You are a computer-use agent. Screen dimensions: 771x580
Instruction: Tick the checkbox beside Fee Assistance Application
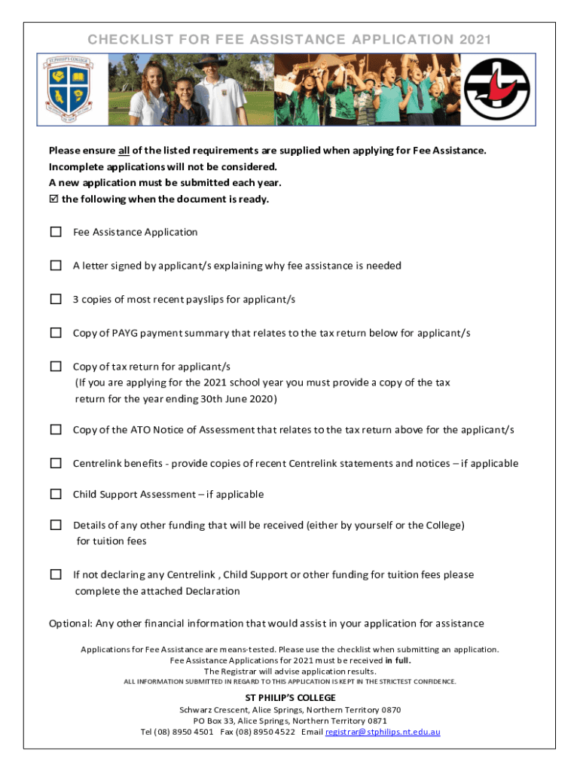point(56,232)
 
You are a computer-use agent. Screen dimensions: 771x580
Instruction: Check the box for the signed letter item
point(56,265)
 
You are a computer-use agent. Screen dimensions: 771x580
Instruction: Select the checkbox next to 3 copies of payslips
point(56,299)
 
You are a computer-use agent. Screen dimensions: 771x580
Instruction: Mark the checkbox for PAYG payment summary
point(56,333)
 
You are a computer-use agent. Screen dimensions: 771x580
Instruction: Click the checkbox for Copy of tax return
point(56,366)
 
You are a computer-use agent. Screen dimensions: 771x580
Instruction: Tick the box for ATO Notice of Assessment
point(56,429)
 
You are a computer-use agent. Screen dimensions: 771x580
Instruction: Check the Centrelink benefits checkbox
point(56,463)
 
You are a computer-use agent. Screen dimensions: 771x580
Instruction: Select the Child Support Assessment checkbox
point(56,494)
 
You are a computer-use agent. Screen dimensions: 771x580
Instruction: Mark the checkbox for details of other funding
point(56,525)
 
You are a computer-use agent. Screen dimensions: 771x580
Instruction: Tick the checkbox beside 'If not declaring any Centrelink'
point(56,574)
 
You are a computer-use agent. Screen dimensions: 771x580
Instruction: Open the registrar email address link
point(383,732)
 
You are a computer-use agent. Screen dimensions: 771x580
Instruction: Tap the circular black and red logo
point(496,89)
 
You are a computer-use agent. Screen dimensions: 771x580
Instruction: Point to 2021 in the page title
point(475,40)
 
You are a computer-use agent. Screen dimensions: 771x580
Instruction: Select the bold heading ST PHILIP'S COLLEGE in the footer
point(290,698)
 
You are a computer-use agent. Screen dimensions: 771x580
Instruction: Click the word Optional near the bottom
point(71,623)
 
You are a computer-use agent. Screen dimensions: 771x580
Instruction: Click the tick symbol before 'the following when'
point(53,200)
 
